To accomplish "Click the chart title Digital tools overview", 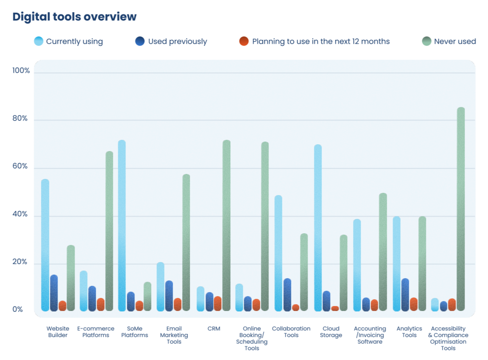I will click(x=74, y=17).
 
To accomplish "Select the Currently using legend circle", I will click(x=39, y=41).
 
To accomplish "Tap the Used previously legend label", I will click(x=177, y=41).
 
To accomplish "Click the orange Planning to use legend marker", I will click(x=244, y=41).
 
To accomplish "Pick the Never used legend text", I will click(x=454, y=41).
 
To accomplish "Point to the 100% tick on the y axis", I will click(x=21, y=71).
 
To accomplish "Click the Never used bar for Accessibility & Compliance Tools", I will click(x=461, y=209).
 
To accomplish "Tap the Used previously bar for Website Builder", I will click(x=54, y=293).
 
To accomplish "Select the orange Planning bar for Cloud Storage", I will click(x=335, y=309).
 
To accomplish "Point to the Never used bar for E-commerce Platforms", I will click(x=109, y=231).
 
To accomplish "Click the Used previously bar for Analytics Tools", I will click(x=405, y=295).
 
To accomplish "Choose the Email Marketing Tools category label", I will click(x=174, y=335).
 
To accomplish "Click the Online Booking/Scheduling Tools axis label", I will click(x=252, y=338).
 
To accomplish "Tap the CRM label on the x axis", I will click(x=214, y=329).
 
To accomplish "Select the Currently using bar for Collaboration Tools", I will click(x=278, y=253).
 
